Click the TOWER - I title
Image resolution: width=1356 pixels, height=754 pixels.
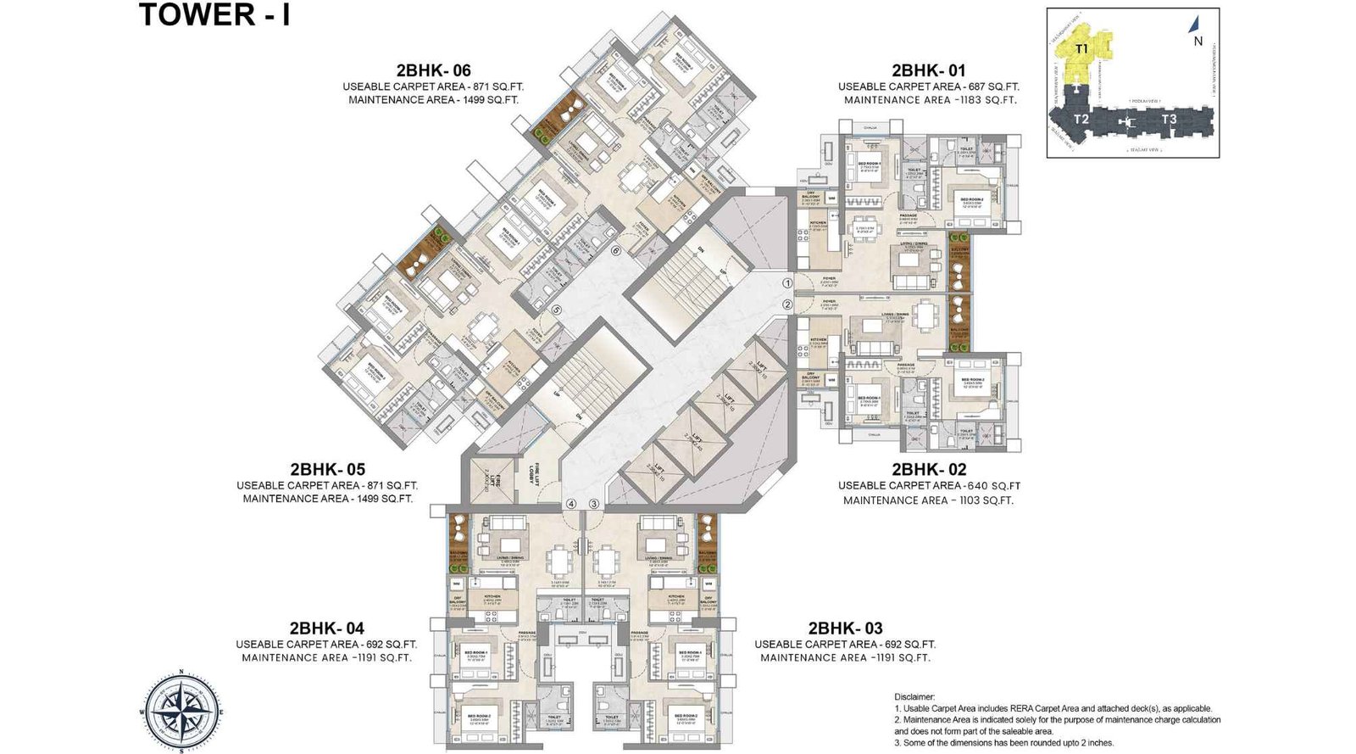214,15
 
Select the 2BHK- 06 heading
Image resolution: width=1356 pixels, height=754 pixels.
433,70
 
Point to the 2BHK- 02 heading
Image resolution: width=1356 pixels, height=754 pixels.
929,469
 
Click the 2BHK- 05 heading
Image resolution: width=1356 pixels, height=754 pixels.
327,469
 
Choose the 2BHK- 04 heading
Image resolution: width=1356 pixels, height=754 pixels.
326,628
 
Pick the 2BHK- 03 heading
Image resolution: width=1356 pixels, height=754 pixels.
845,628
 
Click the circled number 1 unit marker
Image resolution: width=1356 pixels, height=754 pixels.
787,283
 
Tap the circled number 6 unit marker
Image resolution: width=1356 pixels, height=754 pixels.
615,250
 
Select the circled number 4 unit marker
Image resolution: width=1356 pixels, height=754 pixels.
571,504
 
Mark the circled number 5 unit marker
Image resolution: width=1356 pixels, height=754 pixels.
557,310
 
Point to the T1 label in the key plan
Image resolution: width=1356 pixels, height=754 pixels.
1081,49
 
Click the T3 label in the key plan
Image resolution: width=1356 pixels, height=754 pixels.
1169,119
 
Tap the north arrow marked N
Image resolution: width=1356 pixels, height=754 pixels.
1194,30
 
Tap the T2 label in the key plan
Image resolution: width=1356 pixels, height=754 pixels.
1081,119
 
